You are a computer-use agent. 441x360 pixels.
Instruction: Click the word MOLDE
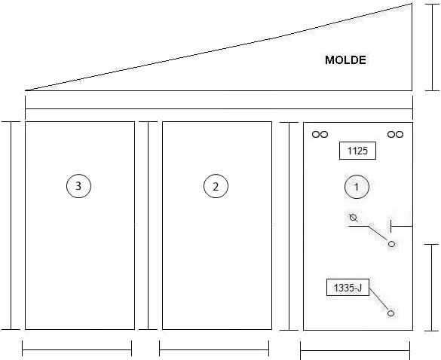pos(345,60)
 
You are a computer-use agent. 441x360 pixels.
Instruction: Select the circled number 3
pos(78,186)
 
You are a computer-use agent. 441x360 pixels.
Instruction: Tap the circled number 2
pos(216,186)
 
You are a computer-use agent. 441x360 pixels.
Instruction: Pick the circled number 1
pos(357,187)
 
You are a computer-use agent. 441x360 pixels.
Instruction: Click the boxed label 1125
pos(357,151)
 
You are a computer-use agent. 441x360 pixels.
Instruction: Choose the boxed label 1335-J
pos(348,288)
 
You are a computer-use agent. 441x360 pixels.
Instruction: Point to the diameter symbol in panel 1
pos(354,218)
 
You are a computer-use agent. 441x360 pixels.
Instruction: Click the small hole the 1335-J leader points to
pos(390,313)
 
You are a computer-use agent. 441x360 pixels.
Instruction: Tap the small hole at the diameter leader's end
pos(391,244)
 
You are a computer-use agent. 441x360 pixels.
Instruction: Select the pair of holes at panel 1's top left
pos(320,135)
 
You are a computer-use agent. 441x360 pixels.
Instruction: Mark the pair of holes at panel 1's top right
pos(395,135)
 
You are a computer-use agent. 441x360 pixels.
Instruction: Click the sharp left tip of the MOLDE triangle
pos(26,90)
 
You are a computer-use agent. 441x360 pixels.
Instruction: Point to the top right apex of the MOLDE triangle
pos(412,4)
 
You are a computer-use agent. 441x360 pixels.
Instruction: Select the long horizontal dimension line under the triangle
pos(219,108)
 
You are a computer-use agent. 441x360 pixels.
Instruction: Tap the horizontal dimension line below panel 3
pos(77,350)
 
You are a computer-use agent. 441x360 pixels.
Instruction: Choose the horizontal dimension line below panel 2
pos(214,350)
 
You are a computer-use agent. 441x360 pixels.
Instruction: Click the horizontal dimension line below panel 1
pos(355,351)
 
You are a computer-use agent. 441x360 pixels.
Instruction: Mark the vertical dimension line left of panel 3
pos(11,226)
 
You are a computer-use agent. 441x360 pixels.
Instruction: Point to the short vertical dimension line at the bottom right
pos(432,288)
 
